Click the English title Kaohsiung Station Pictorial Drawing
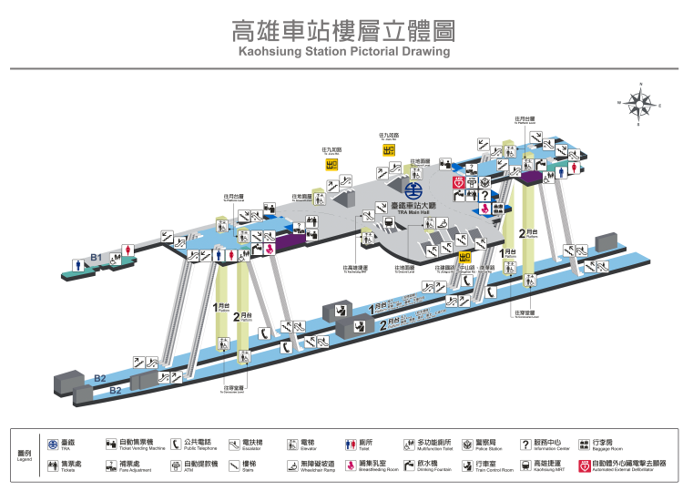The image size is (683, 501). tap(344, 53)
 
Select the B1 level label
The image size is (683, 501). tap(95, 258)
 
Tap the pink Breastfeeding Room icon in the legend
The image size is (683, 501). tap(351, 465)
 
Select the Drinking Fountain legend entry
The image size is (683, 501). tap(429, 465)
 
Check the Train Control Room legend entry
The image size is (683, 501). tap(491, 465)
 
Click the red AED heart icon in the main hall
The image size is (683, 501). tap(459, 183)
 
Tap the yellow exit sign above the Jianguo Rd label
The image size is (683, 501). tap(388, 151)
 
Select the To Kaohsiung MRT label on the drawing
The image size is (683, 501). tap(355, 270)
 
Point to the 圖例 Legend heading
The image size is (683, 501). tap(25, 455)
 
